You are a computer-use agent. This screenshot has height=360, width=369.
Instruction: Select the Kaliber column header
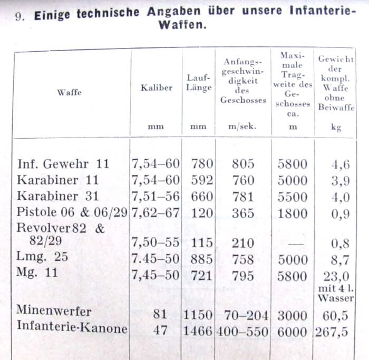[156, 88]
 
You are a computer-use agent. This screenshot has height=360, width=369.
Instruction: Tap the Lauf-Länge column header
[199, 83]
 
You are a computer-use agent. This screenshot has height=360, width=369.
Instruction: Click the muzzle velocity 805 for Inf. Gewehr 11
[243, 164]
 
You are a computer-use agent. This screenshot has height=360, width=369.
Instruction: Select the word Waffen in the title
[181, 25]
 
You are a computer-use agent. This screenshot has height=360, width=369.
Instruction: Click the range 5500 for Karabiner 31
[293, 197]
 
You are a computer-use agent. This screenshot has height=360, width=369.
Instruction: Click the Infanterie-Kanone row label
[72, 329]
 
